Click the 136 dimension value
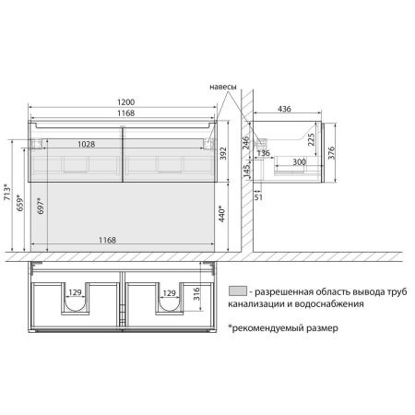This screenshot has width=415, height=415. coord(263,153)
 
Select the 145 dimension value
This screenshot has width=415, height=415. coord(245,172)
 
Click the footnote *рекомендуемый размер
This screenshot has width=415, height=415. coord(277,327)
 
